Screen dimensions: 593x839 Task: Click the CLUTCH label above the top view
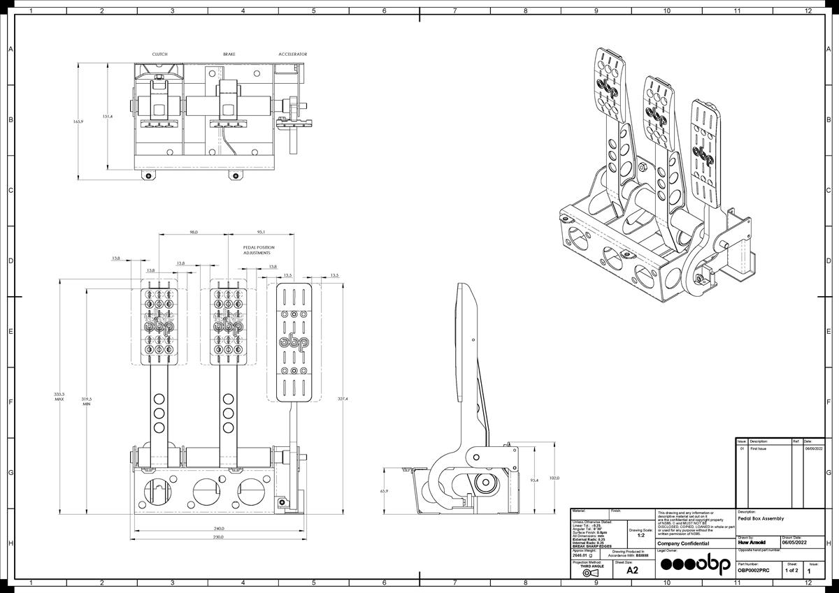click(x=160, y=54)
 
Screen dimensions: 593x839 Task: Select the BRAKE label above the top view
click(x=229, y=54)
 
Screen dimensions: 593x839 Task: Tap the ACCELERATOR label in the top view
click(x=292, y=54)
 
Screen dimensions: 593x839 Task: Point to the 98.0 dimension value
click(x=194, y=232)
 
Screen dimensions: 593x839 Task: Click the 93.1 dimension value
click(x=261, y=232)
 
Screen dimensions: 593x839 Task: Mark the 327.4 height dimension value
click(x=343, y=399)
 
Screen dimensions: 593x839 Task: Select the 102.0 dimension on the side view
click(x=554, y=478)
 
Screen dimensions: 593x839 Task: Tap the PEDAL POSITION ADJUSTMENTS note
click(x=259, y=250)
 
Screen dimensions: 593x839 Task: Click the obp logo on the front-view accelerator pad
click(x=294, y=342)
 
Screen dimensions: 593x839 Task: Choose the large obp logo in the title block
click(x=696, y=564)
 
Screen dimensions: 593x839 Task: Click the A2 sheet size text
click(x=632, y=570)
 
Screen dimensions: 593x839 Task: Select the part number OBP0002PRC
click(x=754, y=571)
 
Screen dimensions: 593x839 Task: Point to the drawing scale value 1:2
click(x=641, y=535)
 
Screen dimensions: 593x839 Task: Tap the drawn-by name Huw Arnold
click(x=752, y=542)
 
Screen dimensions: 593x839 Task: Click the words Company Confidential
click(x=683, y=543)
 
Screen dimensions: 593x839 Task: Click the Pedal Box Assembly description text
click(x=761, y=518)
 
